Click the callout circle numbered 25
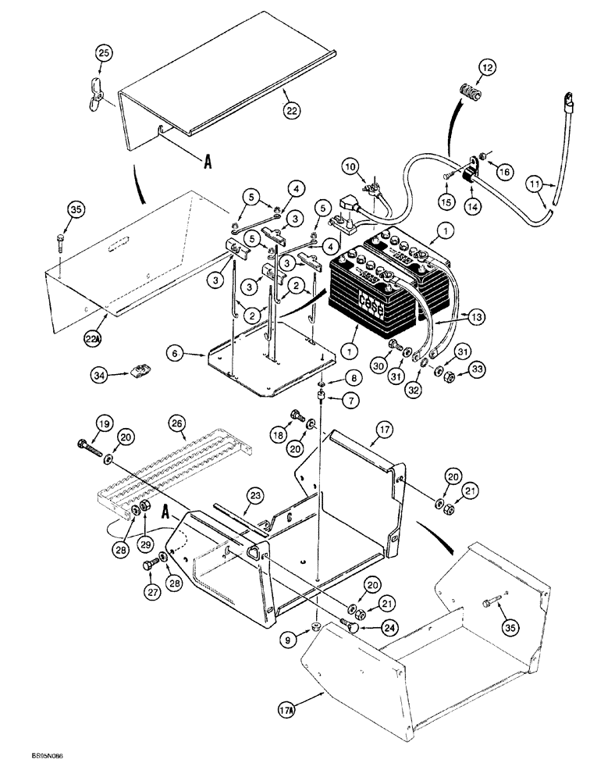104,53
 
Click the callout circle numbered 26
176,425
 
